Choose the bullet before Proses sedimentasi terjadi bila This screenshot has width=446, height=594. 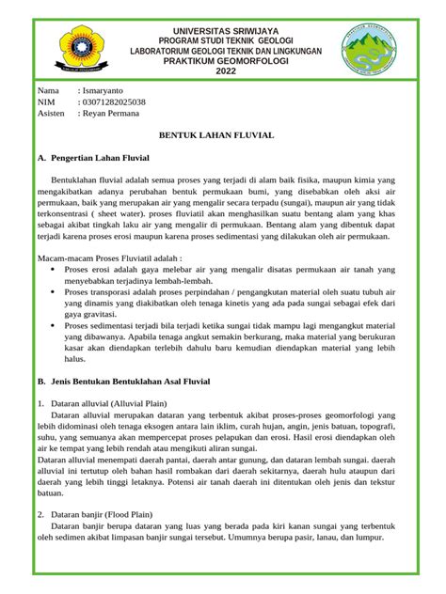(x=51, y=324)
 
